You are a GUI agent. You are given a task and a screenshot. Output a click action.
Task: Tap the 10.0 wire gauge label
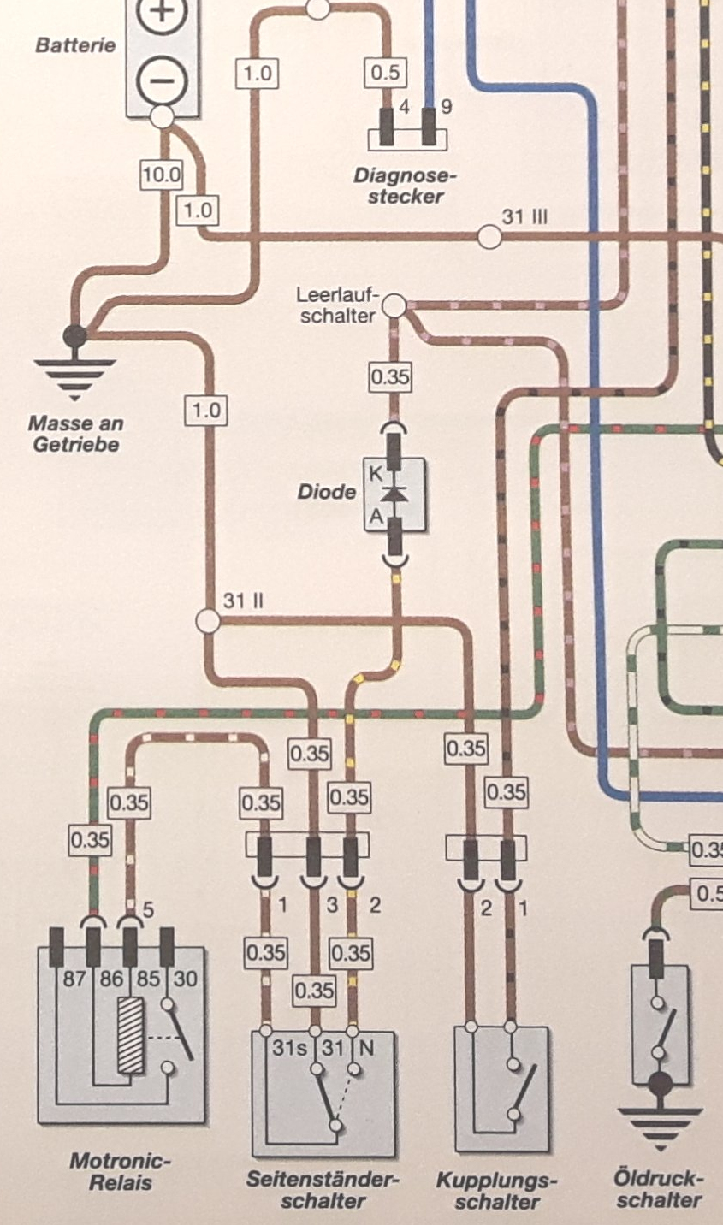(x=162, y=175)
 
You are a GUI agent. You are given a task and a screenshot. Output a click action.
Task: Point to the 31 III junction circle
(x=489, y=236)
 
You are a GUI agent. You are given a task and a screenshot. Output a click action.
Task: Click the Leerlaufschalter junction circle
(x=393, y=305)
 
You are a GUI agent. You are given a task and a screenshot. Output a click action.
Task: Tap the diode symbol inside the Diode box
(x=394, y=494)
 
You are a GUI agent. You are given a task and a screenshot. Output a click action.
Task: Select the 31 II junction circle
(x=208, y=620)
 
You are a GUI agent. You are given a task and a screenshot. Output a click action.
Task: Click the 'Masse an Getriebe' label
(x=75, y=434)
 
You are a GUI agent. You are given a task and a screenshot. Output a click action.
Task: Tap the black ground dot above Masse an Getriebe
(x=75, y=335)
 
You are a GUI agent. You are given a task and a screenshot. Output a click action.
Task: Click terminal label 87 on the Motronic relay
(x=74, y=978)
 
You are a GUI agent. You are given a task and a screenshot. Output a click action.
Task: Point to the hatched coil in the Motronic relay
(x=130, y=1035)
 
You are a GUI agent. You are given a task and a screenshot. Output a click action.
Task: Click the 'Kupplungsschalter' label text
(x=496, y=1191)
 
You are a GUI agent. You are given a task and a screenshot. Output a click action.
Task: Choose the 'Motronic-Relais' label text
(x=120, y=1172)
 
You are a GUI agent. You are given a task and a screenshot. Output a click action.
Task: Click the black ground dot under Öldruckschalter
(x=659, y=1085)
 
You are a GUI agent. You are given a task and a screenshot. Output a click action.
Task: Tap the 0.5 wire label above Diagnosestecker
(x=385, y=72)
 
